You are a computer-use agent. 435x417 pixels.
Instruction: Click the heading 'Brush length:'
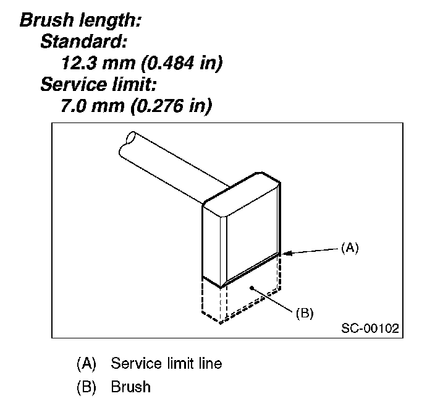click(82, 20)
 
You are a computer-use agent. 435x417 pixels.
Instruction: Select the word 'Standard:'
click(84, 42)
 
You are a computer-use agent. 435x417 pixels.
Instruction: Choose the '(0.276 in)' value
click(171, 106)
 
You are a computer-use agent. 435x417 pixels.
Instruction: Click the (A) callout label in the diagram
click(350, 247)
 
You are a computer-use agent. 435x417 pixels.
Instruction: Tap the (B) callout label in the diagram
click(304, 313)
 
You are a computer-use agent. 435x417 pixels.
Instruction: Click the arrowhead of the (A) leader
click(286, 252)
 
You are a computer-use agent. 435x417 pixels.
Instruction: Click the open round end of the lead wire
click(130, 138)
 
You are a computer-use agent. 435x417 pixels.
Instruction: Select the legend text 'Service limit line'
click(166, 364)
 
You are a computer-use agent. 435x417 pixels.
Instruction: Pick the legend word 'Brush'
click(131, 387)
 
